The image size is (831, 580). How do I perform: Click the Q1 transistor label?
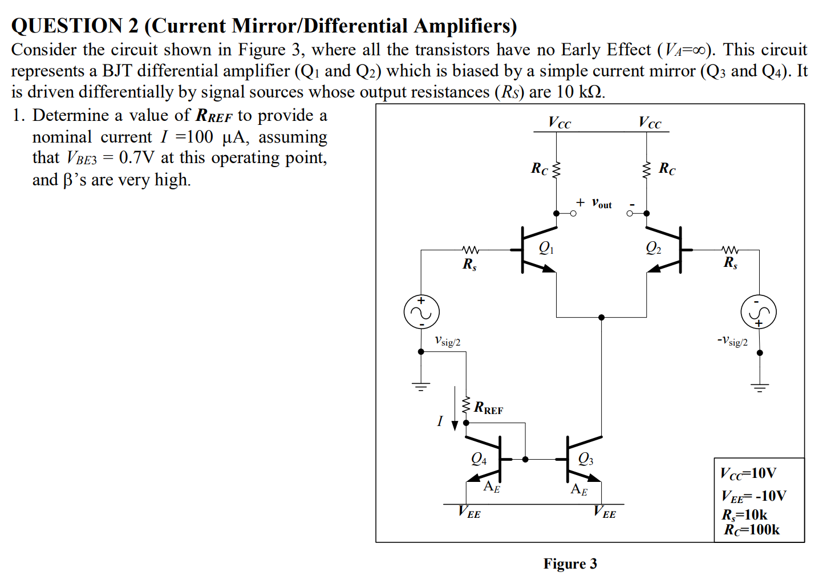click(x=546, y=248)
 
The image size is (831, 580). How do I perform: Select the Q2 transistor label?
click(x=654, y=248)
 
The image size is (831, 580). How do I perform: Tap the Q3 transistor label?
click(x=586, y=459)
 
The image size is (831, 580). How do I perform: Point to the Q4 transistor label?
click(x=479, y=459)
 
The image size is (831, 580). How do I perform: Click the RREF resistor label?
click(x=489, y=408)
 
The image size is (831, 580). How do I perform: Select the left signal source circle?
click(x=421, y=312)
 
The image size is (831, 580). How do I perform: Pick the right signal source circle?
click(x=759, y=312)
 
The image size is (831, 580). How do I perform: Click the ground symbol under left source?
click(x=421, y=386)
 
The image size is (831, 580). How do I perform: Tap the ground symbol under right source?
click(x=760, y=388)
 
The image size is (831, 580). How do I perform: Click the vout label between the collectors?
click(x=601, y=204)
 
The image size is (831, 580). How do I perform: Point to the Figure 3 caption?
click(x=570, y=564)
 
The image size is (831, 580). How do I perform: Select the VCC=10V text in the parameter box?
click(x=748, y=473)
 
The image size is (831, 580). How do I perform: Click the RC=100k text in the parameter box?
click(x=752, y=530)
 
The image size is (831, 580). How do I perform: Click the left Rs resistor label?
click(x=469, y=264)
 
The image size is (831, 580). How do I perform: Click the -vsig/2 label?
click(x=732, y=341)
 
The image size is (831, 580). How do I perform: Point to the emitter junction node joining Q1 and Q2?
click(x=601, y=317)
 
